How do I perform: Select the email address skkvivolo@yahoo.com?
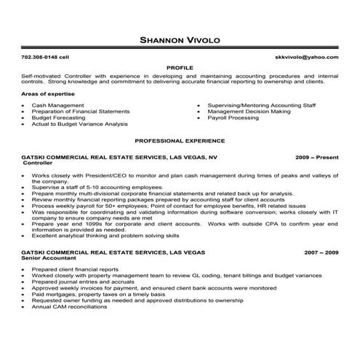pos(306,56)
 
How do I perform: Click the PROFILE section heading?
pos(180,65)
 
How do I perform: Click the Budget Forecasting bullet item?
pos(60,117)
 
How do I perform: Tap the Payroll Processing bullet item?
pos(233,117)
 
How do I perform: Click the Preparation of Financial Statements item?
pos(81,111)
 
